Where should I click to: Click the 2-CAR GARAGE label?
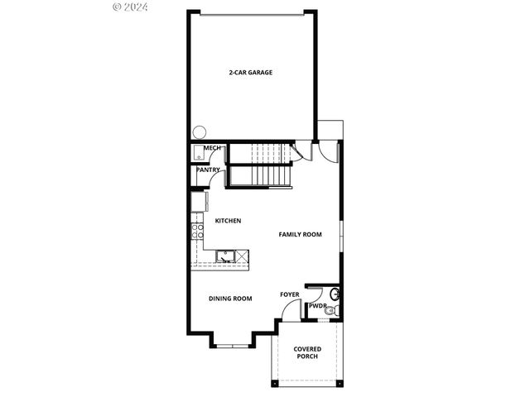click(x=251, y=73)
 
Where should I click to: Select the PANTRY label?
click(x=208, y=170)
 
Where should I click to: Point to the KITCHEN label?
click(x=228, y=221)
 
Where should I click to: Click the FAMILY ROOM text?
click(x=300, y=235)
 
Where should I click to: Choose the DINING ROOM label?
click(x=230, y=299)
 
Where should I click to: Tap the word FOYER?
click(x=289, y=294)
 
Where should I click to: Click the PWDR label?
click(x=317, y=307)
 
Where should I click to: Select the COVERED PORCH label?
click(x=307, y=353)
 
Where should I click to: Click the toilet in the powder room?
click(x=334, y=294)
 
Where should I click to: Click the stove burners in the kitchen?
click(x=197, y=230)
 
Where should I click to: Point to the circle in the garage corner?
click(x=199, y=132)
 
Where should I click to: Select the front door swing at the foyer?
click(x=288, y=311)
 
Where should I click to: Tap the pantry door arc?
click(x=202, y=181)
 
